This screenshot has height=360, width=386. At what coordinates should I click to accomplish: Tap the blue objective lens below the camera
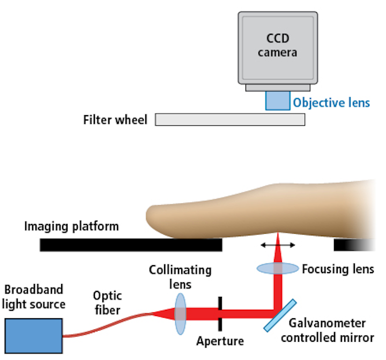(278, 101)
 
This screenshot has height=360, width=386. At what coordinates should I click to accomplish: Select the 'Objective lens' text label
(331, 102)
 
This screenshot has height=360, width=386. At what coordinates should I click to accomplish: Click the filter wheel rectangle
(230, 119)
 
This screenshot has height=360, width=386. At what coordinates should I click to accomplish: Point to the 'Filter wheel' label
(115, 119)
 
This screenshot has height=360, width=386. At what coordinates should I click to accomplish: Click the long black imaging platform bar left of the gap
(131, 245)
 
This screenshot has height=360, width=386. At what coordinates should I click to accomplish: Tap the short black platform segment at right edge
(353, 245)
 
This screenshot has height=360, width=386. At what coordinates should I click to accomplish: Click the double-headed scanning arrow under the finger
(278, 245)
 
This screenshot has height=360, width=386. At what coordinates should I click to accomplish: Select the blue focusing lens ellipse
(278, 268)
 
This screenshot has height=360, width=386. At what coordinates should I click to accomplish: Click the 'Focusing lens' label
(338, 268)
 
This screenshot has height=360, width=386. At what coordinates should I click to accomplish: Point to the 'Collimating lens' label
(180, 275)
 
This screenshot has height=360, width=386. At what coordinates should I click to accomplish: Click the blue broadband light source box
(34, 335)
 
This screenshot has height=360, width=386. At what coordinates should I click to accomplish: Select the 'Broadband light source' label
(34, 297)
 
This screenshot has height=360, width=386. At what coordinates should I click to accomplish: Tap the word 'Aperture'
(219, 341)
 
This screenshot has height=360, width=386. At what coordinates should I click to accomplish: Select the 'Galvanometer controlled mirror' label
(326, 331)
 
